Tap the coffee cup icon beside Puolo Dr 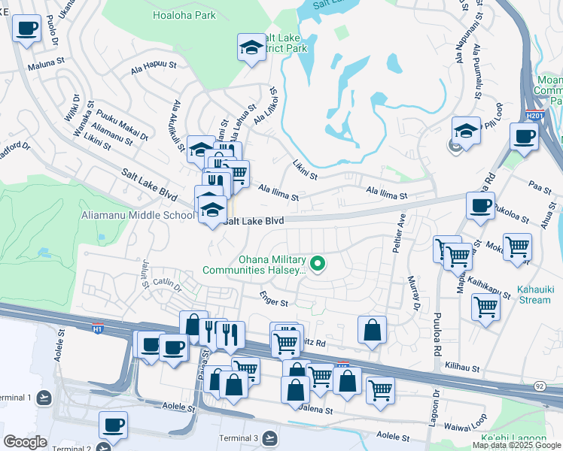[27, 29]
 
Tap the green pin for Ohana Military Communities [318, 263]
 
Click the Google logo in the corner [25, 442]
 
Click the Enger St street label [274, 301]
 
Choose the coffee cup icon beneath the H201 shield [523, 137]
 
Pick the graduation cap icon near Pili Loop [466, 130]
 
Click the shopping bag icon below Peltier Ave [372, 330]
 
